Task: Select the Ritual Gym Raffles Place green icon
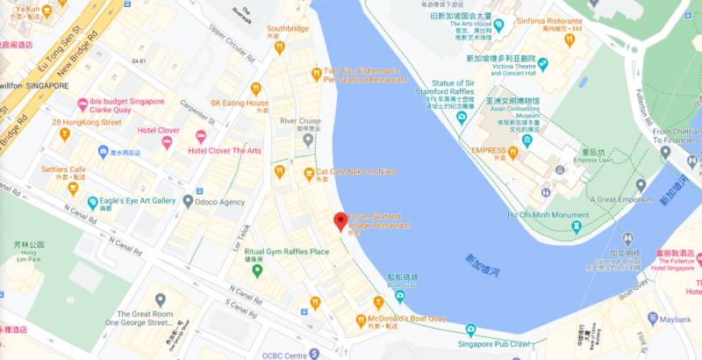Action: tap(257, 270)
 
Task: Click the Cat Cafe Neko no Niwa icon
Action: tap(309, 173)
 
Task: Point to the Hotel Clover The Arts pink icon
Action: tap(201, 136)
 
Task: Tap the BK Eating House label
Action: tap(239, 103)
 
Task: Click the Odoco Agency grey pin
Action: tap(188, 201)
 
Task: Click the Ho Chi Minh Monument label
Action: tap(548, 214)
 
